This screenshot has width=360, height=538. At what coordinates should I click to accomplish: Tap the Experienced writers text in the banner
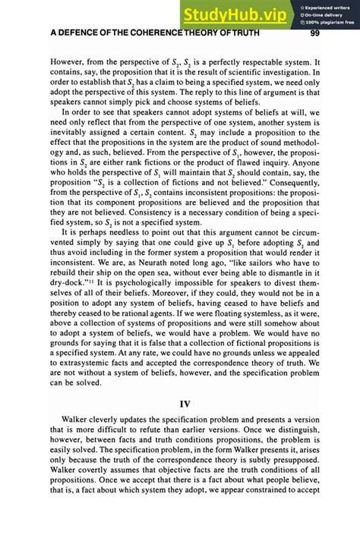click(x=328, y=5)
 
